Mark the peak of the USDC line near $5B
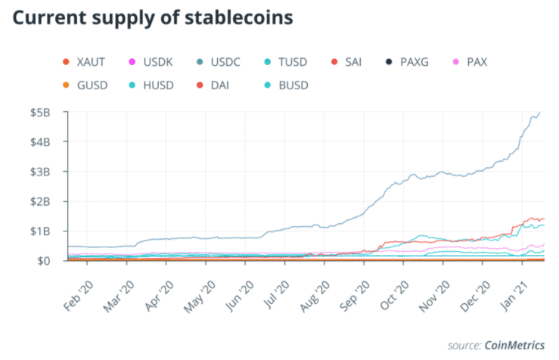tap(539, 113)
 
